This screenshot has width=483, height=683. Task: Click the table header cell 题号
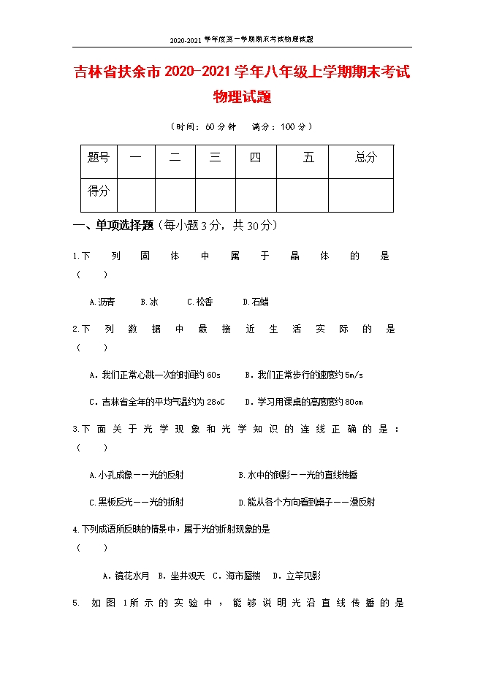(x=98, y=158)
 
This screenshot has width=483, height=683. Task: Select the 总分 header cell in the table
(x=365, y=158)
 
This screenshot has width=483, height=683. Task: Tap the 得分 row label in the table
(x=98, y=191)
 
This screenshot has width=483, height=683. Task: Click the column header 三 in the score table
(x=215, y=158)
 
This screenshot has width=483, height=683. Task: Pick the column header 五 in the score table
(x=308, y=158)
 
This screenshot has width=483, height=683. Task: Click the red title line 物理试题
(x=241, y=96)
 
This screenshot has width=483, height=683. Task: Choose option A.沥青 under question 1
(x=102, y=302)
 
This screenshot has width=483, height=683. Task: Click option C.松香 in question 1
(x=199, y=302)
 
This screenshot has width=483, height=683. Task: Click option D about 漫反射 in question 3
(x=307, y=502)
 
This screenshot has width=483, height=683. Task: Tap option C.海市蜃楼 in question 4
(x=236, y=576)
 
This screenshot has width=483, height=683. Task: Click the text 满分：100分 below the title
(x=282, y=126)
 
